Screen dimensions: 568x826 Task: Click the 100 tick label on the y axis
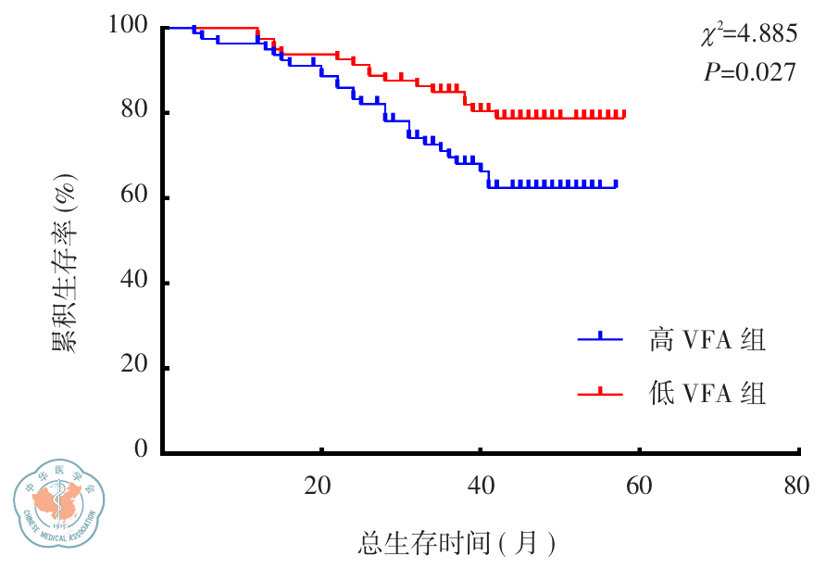(127, 27)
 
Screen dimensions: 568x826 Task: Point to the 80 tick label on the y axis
(133, 112)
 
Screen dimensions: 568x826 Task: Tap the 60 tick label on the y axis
(133, 197)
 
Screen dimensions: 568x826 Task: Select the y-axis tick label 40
(133, 283)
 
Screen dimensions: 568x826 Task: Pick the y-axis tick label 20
(133, 368)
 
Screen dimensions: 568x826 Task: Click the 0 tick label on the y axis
(141, 450)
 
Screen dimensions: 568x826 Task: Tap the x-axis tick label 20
(319, 485)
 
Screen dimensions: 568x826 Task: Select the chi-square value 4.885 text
(748, 35)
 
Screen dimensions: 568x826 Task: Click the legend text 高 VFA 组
(707, 340)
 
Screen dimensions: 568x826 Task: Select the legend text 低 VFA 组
(707, 394)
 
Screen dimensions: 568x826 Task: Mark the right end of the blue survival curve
(617, 186)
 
